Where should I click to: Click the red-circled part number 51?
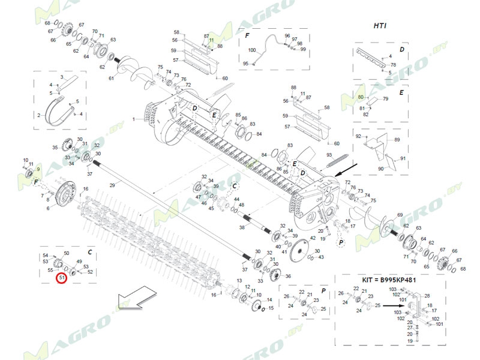pos(62,277)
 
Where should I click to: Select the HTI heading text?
pos(380,26)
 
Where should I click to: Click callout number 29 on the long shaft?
pos(112,186)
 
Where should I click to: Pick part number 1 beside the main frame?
pos(135,120)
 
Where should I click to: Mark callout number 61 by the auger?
pos(111,79)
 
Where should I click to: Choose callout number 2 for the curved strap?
pos(39,115)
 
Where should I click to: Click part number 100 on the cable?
pos(252,50)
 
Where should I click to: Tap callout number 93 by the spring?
pos(329,155)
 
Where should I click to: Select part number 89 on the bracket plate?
pos(397,139)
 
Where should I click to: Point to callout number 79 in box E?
pos(386,98)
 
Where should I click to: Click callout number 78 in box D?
pos(393,65)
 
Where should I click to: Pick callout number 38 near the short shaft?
pos(241,228)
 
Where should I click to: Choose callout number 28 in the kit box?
pos(427,296)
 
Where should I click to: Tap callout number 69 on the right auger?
pos(400,215)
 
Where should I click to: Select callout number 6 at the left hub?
pos(48,208)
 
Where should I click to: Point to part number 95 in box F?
pos(245,64)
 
